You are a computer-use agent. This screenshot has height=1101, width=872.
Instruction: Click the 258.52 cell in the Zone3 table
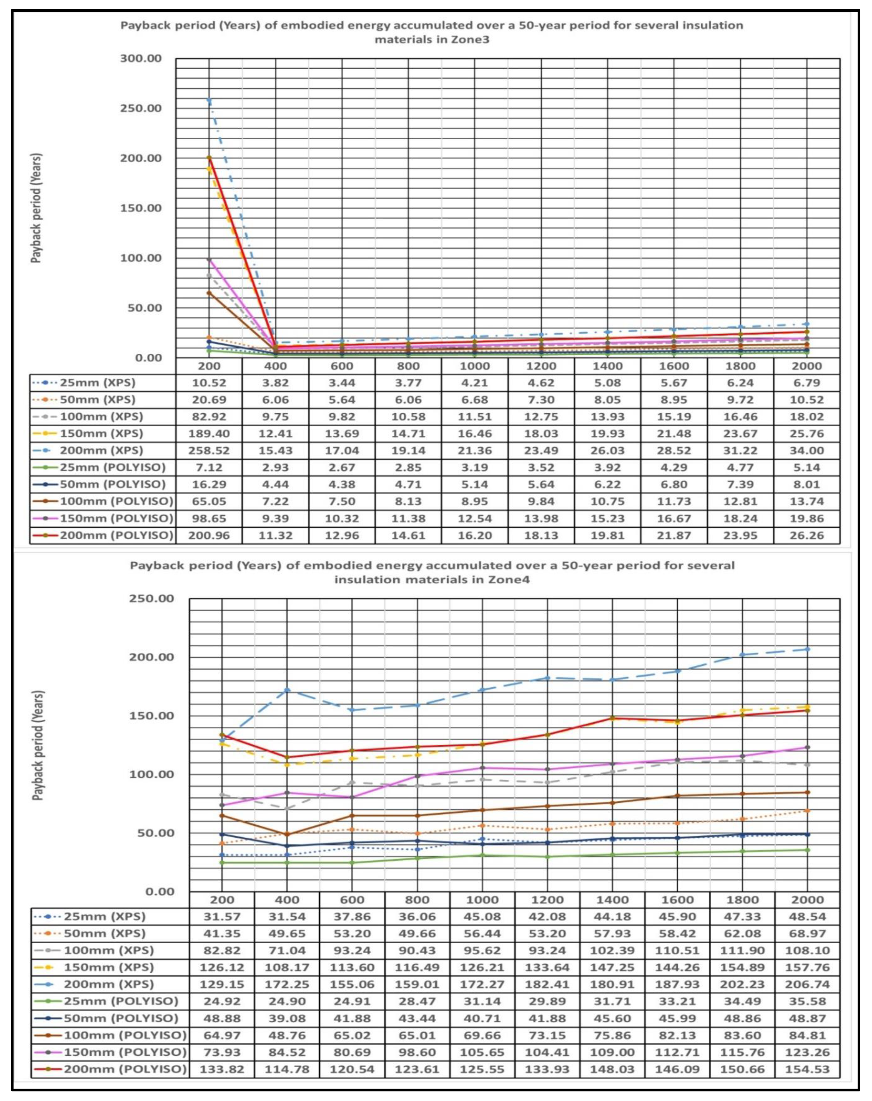[209, 450]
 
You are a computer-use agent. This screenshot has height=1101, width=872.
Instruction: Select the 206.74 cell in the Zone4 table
[807, 984]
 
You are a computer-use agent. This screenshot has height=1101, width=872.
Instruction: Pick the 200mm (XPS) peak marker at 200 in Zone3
[209, 101]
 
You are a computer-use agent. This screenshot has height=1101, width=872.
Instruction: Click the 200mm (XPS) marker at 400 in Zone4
[287, 690]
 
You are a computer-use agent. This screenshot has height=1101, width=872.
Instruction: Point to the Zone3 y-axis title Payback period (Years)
[36, 208]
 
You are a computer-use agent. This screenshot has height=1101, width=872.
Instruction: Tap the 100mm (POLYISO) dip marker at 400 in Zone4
[287, 834]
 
